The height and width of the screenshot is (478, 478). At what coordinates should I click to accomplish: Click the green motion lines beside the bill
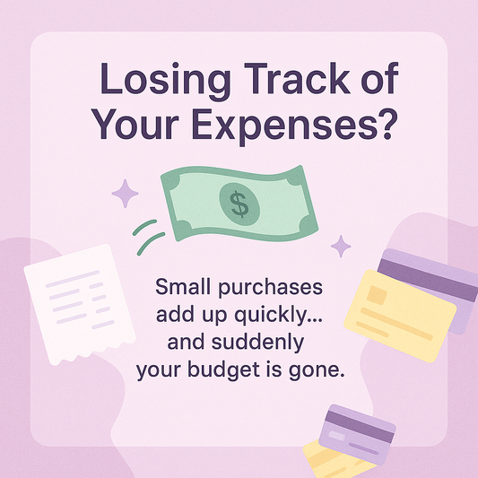(x=148, y=235)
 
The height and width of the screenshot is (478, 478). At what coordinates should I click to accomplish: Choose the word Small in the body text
(x=183, y=290)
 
